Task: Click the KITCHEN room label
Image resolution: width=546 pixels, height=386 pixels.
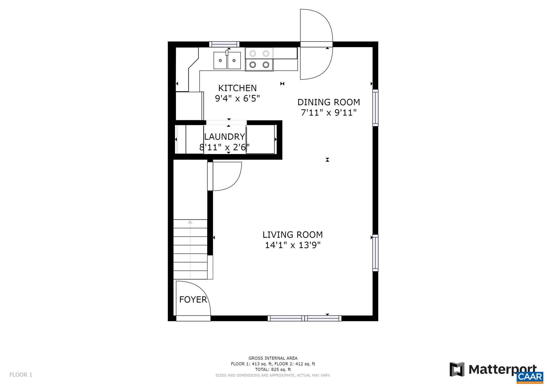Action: [x=237, y=88]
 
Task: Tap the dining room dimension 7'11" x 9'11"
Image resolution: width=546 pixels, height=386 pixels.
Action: [x=328, y=113]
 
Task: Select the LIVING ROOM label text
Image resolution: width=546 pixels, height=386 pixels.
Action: [x=292, y=235]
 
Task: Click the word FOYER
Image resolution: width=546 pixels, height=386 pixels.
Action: [x=193, y=300]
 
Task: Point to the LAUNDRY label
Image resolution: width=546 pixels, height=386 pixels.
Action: [x=224, y=137]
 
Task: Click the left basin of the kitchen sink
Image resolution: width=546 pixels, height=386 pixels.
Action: [x=220, y=61]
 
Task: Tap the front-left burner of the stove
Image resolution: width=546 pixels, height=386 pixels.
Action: [x=252, y=65]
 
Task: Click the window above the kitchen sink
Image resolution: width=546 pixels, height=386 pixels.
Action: [x=224, y=44]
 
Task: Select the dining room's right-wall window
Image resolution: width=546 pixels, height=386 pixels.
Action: [x=375, y=108]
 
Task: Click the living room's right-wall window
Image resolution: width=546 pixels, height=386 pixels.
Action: [x=375, y=253]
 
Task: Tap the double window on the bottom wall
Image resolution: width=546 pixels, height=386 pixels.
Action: [x=304, y=318]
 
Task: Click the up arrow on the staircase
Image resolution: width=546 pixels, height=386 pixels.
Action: [x=190, y=222]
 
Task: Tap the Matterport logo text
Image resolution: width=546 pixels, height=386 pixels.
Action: [x=502, y=369]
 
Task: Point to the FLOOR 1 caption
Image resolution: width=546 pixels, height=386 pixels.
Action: [x=21, y=375]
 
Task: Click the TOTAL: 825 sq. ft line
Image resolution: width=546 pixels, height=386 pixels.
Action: [x=273, y=369]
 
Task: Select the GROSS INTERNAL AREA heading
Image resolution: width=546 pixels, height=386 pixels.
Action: [x=273, y=358]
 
